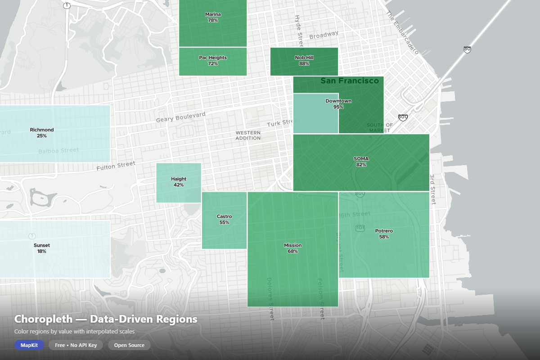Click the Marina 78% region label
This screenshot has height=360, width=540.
[x=213, y=18]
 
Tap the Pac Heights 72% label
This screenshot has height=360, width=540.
[x=213, y=61]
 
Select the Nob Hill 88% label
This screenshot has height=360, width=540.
[x=304, y=61]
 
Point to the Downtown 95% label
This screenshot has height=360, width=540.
[x=338, y=104]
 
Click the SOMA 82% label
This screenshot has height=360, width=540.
[x=361, y=162]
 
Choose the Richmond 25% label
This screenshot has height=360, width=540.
[x=42, y=133]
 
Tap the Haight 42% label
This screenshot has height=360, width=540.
[x=179, y=182]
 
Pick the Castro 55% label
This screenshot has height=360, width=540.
[x=224, y=220]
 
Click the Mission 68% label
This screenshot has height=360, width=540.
[x=292, y=248]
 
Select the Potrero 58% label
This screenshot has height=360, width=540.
[x=384, y=234]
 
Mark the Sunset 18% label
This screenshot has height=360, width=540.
[x=42, y=248]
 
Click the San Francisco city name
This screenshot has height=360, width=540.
[x=350, y=81]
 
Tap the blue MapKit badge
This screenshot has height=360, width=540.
[x=29, y=345]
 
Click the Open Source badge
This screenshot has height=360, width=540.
[x=129, y=345]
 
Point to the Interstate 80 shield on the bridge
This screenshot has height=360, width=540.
[x=468, y=49]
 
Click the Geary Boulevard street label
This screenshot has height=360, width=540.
[x=180, y=117]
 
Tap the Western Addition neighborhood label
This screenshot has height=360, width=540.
[x=248, y=135]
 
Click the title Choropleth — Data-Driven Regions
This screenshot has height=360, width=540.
[x=106, y=319]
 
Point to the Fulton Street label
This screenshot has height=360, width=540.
[x=116, y=166]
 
